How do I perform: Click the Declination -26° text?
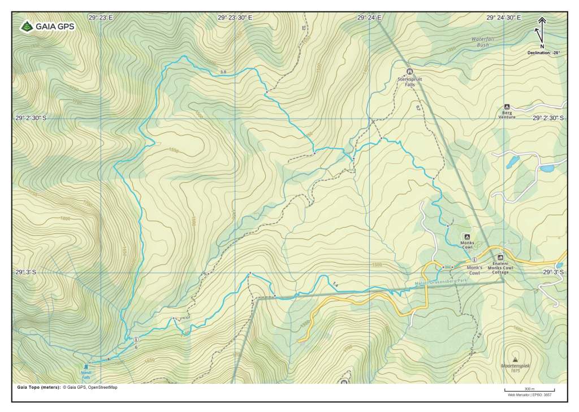tap(543, 52)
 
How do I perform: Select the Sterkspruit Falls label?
tap(410, 82)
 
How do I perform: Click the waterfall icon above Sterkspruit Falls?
tap(410, 72)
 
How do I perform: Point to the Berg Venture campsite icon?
tap(507, 106)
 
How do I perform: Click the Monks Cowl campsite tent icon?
tap(466, 236)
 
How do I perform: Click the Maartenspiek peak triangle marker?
tap(515, 359)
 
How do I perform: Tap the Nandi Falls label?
tap(86, 375)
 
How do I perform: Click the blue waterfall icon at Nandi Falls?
tap(86, 366)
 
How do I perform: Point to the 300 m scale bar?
tap(529, 390)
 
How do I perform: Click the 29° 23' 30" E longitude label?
tap(235, 18)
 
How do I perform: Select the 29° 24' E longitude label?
tap(368, 18)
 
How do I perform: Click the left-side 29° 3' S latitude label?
tap(26, 272)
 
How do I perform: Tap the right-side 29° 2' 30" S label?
tap(548, 118)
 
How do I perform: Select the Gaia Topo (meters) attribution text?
tap(67, 388)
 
